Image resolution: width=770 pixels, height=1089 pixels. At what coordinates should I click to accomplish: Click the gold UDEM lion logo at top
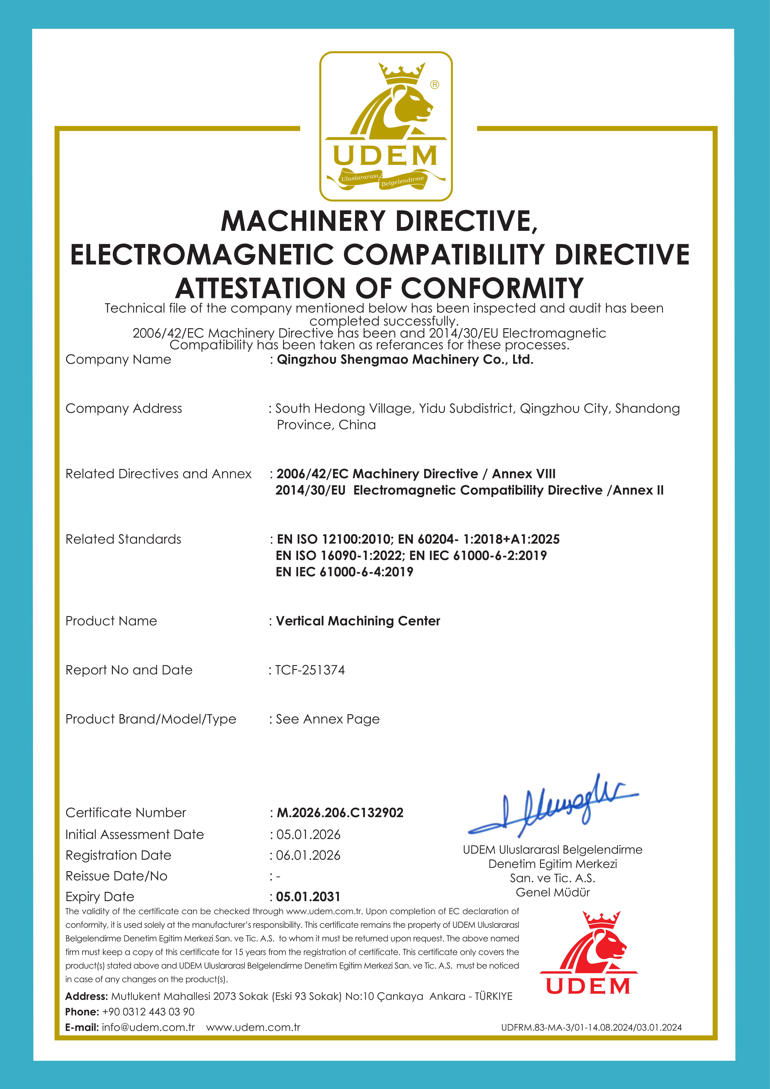pyautogui.click(x=385, y=126)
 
